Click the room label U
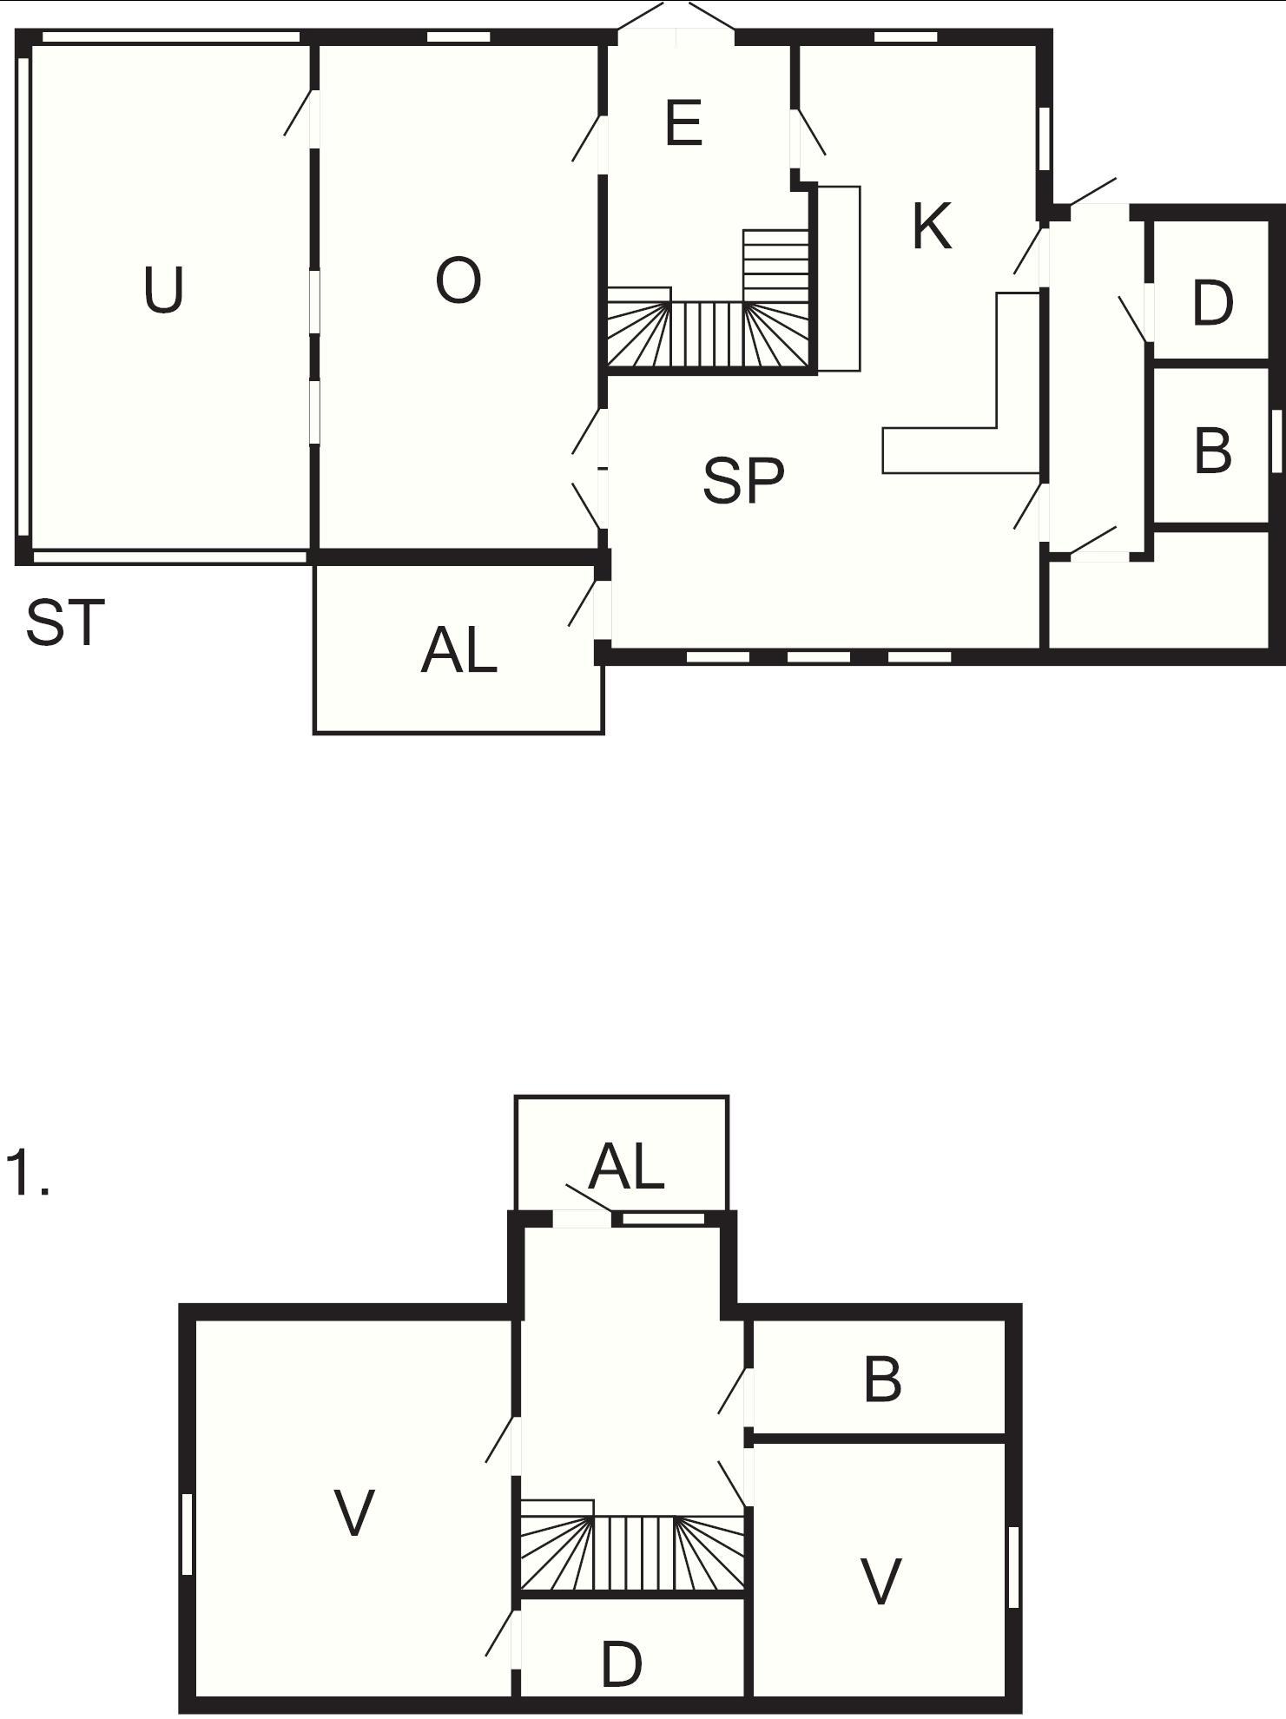163,290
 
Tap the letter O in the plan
458,281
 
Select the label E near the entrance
683,123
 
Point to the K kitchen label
932,227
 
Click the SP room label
743,480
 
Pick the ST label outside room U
65,622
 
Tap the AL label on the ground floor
458,651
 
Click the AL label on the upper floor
626,1167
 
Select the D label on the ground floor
1212,303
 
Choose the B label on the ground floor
1213,451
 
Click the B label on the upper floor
883,1380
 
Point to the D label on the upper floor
622,1664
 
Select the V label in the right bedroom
880,1581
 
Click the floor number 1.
27,1173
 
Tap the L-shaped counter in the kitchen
961,383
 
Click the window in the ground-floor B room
1276,439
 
